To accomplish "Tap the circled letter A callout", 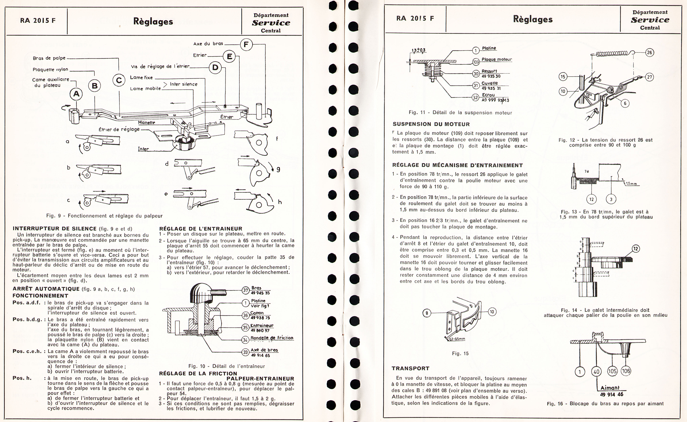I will point(76,94).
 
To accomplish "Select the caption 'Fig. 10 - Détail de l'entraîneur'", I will point(227,366).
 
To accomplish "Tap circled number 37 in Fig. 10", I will point(245,291).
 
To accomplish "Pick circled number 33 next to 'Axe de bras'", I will point(245,352).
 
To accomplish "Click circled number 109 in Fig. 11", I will point(476,62).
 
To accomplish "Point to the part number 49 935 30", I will point(491,76).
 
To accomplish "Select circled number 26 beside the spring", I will point(649,52).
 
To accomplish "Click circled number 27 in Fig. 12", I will point(649,77).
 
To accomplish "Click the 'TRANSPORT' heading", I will point(410,368).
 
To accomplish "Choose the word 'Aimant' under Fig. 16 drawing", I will point(610,388).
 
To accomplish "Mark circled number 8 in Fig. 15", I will point(427,313).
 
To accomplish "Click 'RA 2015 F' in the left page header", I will point(38,21).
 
